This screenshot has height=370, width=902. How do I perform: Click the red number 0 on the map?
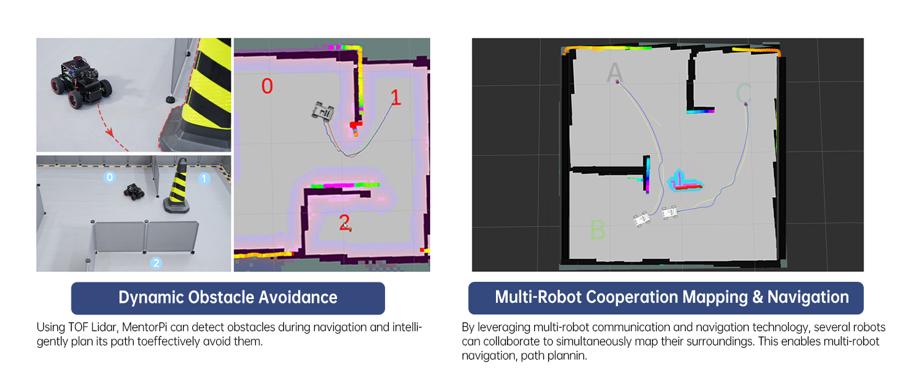click(x=267, y=86)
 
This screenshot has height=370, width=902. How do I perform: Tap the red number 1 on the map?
click(x=396, y=97)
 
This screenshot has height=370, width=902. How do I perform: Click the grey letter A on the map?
click(x=614, y=73)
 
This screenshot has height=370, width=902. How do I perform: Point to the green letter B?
click(x=597, y=230)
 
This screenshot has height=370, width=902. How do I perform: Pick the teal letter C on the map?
click(x=744, y=93)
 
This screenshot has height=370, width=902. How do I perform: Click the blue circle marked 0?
click(x=109, y=178)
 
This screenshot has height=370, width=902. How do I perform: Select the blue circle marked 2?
click(x=156, y=263)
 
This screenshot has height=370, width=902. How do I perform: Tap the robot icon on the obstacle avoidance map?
click(x=323, y=111)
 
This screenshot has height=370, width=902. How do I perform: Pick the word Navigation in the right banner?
click(x=808, y=297)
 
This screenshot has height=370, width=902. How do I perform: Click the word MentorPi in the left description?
click(x=121, y=327)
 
